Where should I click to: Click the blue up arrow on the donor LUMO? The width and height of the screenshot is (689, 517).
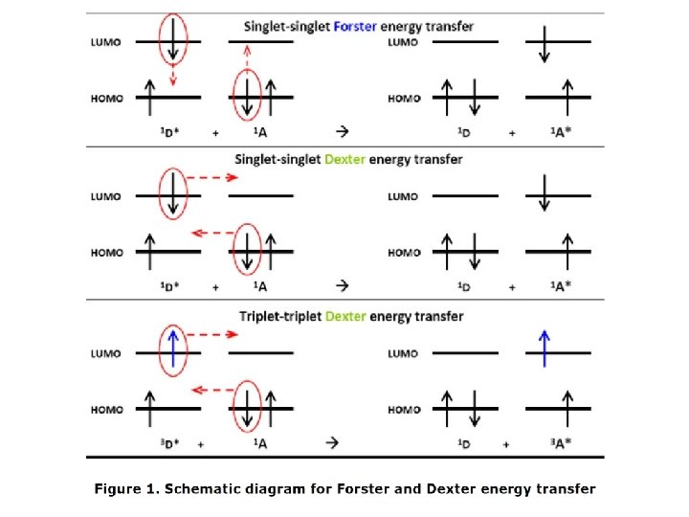[172, 348]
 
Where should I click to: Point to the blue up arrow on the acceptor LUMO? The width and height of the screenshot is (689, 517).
[545, 348]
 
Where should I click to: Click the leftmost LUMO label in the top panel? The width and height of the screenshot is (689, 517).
[106, 42]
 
